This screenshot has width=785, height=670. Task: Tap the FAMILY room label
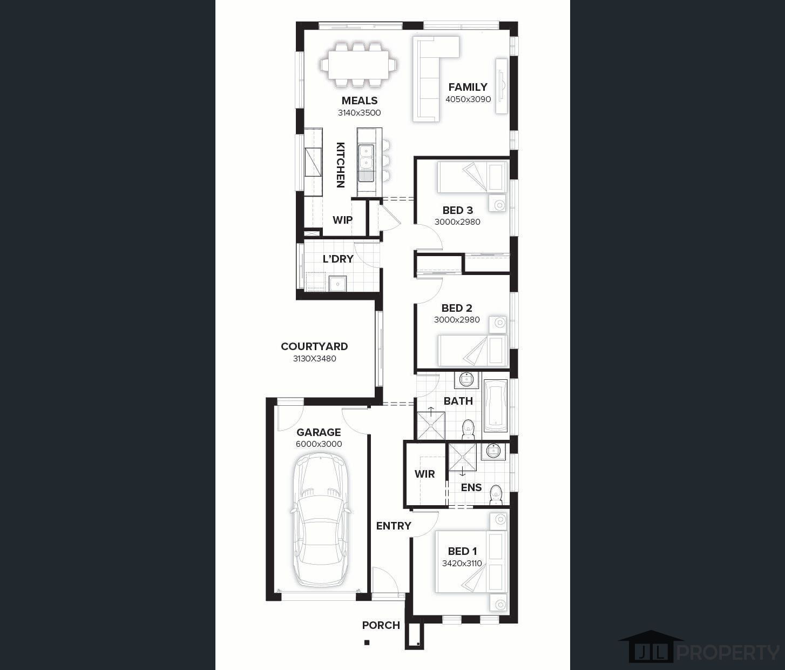click(x=468, y=87)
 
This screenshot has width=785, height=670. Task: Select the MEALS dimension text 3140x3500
click(x=359, y=113)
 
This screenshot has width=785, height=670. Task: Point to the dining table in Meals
click(x=359, y=65)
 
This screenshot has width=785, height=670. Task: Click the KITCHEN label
click(x=341, y=165)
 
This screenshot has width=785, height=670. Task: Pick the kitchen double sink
click(x=367, y=163)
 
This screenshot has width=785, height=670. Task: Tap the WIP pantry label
click(x=342, y=220)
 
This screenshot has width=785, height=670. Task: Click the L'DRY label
click(x=338, y=259)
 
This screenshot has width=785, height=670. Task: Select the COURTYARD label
click(x=314, y=346)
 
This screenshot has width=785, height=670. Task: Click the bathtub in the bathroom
click(x=496, y=406)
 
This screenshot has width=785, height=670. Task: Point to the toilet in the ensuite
click(x=496, y=495)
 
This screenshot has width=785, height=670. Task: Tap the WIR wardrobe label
click(x=424, y=474)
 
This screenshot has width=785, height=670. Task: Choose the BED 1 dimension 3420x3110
click(x=462, y=563)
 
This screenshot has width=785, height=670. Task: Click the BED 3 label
click(x=458, y=210)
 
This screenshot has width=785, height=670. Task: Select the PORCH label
click(x=381, y=625)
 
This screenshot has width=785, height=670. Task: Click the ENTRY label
click(x=394, y=526)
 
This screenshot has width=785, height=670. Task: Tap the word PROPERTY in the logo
click(x=729, y=653)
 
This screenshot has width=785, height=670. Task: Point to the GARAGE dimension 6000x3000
click(x=319, y=444)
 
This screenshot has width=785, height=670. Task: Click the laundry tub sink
click(x=337, y=283)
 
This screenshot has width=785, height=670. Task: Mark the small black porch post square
click(x=367, y=642)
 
